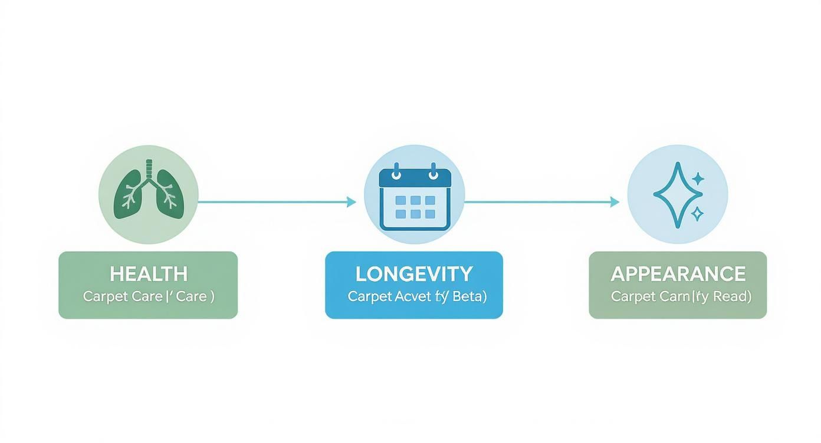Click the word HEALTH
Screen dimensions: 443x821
pos(149,274)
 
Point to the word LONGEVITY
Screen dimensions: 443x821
pos(414,274)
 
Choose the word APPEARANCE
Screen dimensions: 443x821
pos(678,274)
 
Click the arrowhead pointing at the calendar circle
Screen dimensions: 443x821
pos(352,202)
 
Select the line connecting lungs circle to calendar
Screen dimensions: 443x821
pos(271,202)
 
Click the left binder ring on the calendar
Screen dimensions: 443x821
pos(396,171)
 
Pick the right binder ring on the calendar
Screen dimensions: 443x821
pos(434,171)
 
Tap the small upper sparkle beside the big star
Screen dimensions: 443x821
pos(698,178)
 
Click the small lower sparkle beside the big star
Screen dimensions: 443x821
pos(697,214)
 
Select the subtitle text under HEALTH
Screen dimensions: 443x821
pos(149,296)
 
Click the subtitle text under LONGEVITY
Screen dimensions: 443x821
pos(417,296)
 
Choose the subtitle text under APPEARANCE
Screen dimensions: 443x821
pos(681,296)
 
